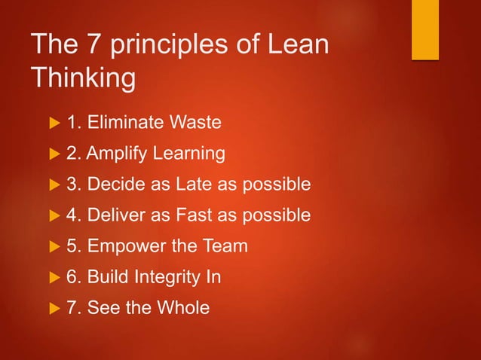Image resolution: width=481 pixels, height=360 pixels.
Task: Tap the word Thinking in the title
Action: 83,78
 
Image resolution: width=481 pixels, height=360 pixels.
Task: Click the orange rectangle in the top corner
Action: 425,29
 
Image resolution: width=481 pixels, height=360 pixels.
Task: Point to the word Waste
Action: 195,123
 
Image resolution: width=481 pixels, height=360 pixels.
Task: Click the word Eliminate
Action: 125,123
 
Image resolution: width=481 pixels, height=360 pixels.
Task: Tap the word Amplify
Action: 118,154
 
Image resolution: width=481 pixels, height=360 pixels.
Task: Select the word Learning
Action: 189,154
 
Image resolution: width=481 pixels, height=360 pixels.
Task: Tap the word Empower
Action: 121,246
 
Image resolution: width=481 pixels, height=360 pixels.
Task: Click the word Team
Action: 225,246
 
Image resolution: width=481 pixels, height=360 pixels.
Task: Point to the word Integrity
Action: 167,277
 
